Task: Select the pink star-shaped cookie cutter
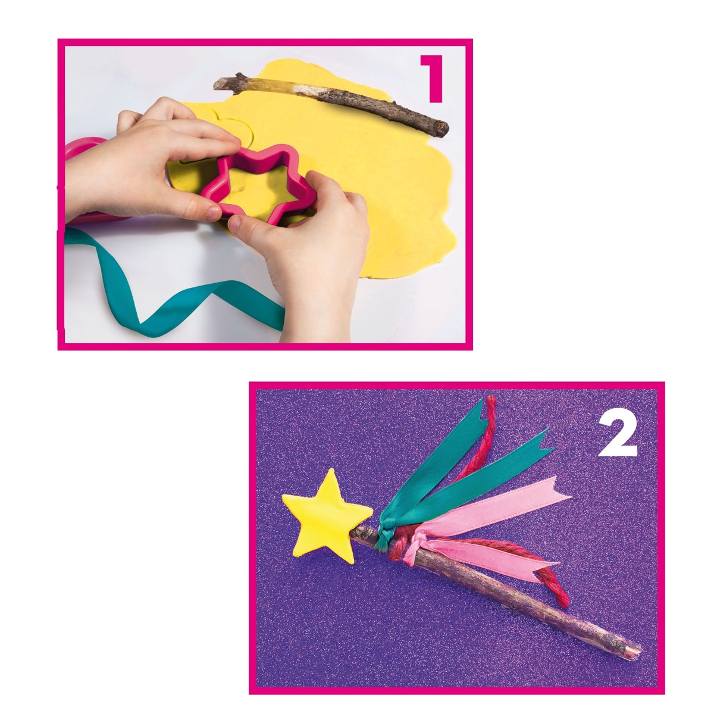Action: (x=258, y=184)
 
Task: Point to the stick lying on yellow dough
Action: (x=331, y=105)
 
